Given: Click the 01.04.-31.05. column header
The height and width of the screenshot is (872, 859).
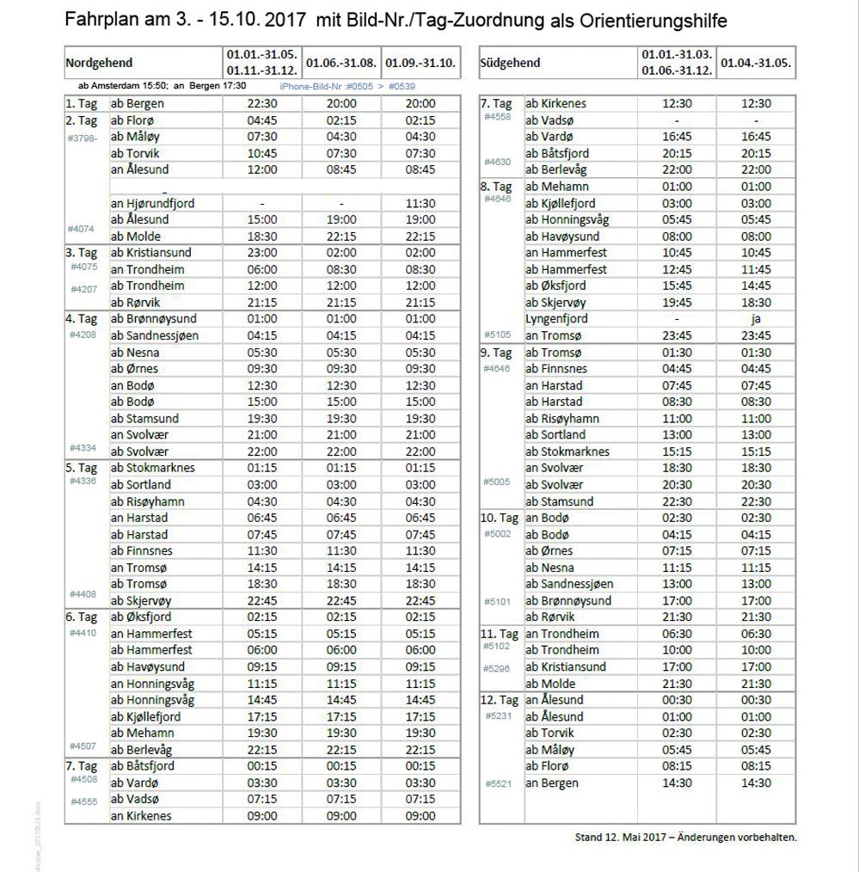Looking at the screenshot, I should click(x=756, y=63).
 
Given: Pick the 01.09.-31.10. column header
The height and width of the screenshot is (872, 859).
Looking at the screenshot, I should click(x=420, y=63).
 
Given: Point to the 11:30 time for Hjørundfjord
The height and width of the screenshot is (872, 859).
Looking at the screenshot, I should click(x=420, y=203).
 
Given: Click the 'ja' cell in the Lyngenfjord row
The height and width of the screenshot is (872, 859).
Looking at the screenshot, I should click(x=756, y=318).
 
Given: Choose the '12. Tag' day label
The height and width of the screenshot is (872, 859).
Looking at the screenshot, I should click(x=499, y=700).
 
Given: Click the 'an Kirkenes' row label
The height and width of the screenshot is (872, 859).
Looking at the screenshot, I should click(x=141, y=816).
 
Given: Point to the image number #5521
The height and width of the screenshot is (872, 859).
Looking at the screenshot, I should click(x=498, y=783).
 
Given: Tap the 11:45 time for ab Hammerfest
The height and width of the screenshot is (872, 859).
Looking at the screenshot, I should click(x=756, y=269).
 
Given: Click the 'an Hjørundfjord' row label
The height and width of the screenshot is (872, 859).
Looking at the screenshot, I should click(x=152, y=203).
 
